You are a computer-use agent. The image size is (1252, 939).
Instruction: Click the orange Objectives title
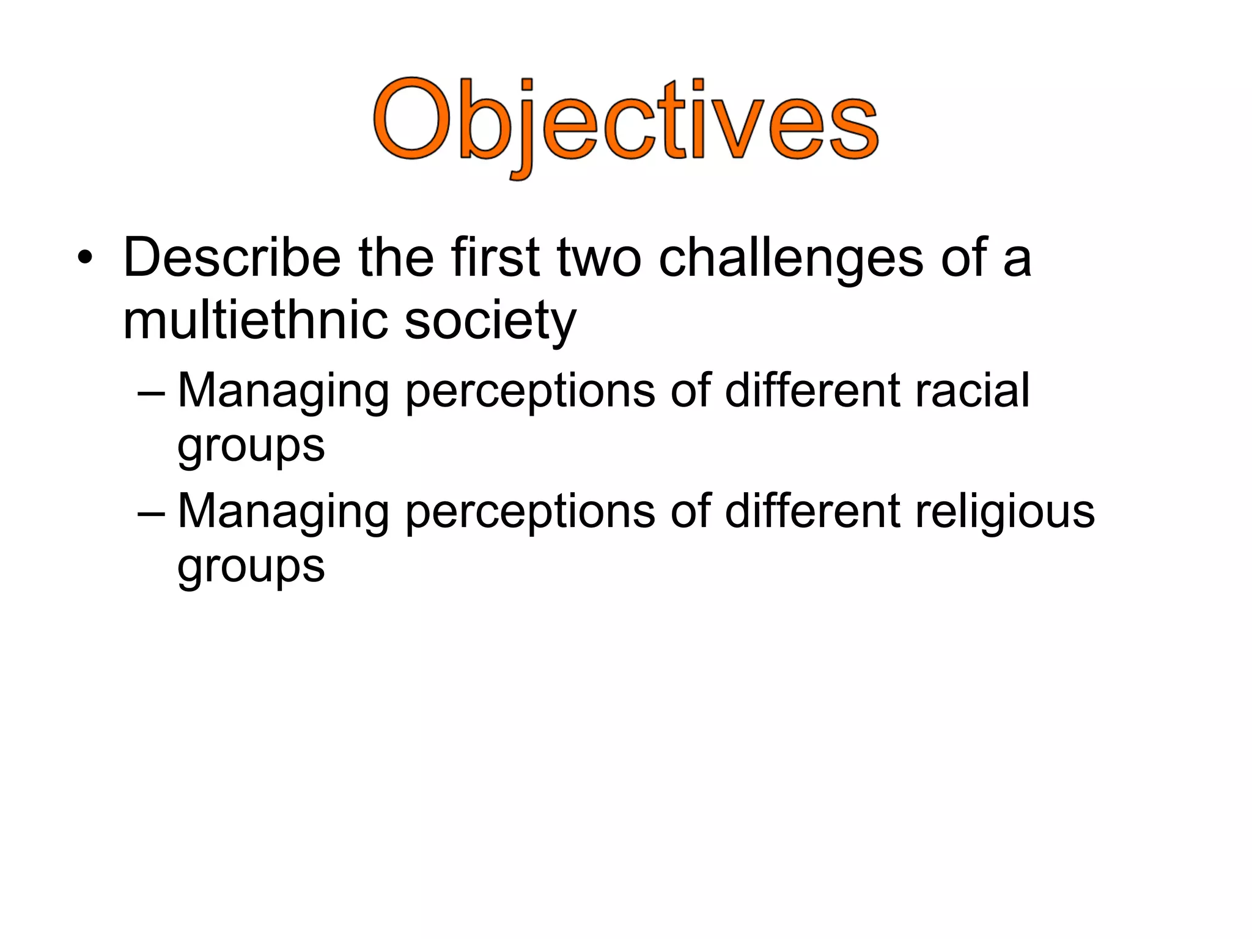626,122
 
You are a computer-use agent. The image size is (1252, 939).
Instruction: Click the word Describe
232,257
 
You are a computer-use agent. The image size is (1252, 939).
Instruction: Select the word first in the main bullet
495,257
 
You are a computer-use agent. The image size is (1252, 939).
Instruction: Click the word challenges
791,257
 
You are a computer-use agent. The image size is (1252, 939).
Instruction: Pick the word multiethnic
256,320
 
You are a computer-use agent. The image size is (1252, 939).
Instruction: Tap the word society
490,320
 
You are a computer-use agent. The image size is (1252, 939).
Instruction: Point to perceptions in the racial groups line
530,391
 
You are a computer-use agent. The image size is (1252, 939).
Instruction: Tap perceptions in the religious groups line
530,512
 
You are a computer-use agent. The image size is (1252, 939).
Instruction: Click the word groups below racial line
251,446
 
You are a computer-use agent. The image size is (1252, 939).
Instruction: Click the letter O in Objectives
414,119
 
